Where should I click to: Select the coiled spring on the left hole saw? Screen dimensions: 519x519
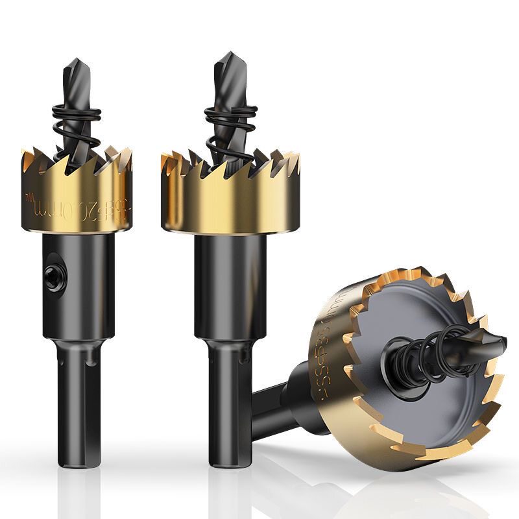coord(75,123)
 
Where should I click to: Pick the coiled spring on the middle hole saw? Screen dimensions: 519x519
coord(227,123)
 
